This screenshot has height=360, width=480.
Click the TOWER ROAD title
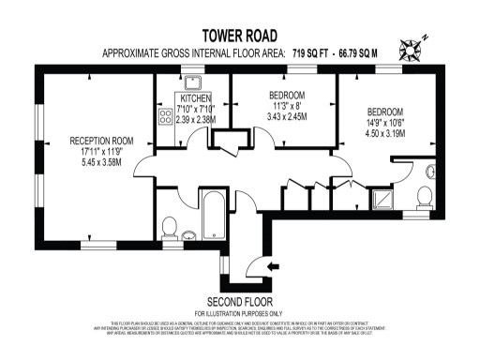(240, 36)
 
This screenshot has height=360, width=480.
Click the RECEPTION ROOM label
(101, 142)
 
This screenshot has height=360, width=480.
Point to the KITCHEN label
(196, 97)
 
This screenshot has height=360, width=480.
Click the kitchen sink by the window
(194, 81)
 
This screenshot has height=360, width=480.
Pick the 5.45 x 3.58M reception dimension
(101, 163)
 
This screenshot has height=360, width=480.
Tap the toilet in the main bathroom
(170, 227)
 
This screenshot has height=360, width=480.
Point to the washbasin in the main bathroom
(188, 233)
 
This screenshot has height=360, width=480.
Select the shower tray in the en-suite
(382, 199)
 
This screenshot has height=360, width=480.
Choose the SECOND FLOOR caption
(240, 302)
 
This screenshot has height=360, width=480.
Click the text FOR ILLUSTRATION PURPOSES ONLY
(240, 313)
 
